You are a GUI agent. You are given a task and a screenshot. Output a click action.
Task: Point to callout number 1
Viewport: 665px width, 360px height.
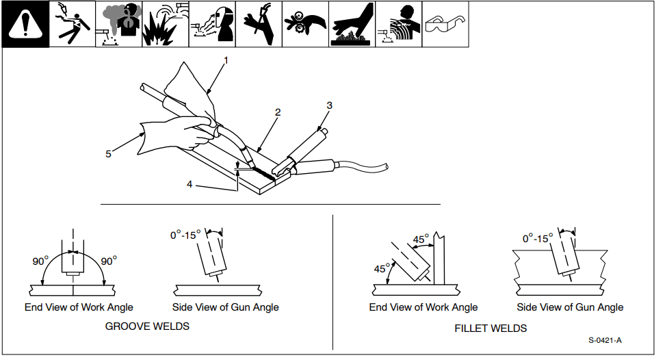[226, 60]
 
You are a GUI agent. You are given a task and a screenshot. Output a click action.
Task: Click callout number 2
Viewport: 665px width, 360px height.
[278, 112]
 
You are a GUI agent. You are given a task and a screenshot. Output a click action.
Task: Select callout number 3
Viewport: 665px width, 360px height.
[329, 105]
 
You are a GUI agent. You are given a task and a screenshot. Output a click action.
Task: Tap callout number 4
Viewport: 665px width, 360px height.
[190, 183]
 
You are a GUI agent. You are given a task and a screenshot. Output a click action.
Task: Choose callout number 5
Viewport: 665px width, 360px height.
[108, 154]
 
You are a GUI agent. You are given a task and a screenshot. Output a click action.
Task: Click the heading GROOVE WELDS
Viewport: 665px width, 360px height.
[147, 326]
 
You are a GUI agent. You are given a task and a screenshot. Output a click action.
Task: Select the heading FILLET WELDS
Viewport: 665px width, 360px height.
[491, 329]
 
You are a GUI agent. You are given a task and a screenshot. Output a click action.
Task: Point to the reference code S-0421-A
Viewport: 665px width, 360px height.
[609, 340]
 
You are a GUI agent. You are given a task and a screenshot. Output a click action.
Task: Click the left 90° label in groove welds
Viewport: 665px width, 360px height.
[40, 261]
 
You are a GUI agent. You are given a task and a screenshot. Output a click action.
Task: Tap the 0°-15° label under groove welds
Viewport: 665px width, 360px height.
[185, 235]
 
